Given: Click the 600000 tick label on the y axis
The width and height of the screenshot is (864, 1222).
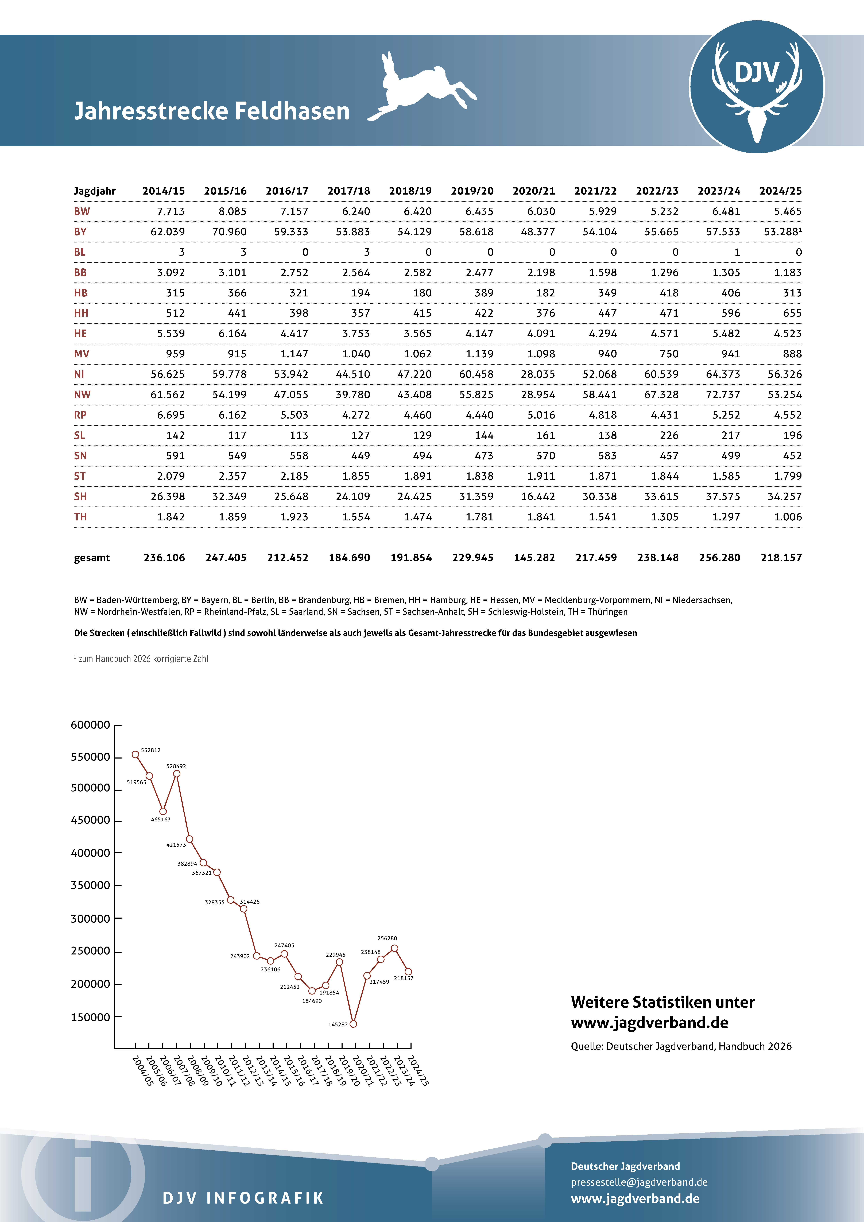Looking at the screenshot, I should coord(91,725).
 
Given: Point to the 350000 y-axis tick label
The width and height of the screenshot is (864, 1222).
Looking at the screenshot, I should coord(91,886).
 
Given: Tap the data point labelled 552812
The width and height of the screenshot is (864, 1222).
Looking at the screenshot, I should coord(136,754).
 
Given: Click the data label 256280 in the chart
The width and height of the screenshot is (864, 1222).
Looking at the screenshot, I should coord(387,938).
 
